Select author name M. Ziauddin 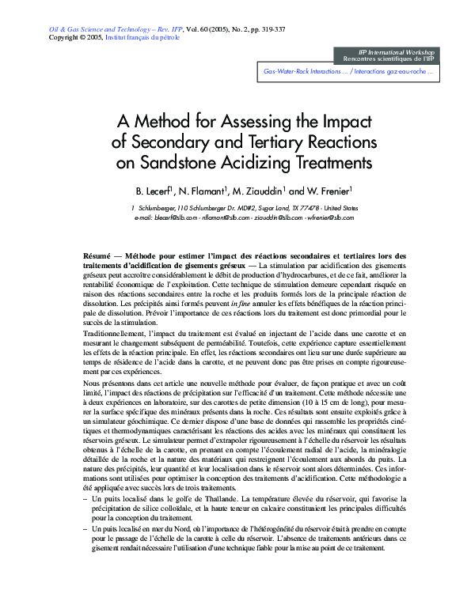point(257,191)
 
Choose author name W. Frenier point(327,191)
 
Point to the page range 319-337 point(272,29)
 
